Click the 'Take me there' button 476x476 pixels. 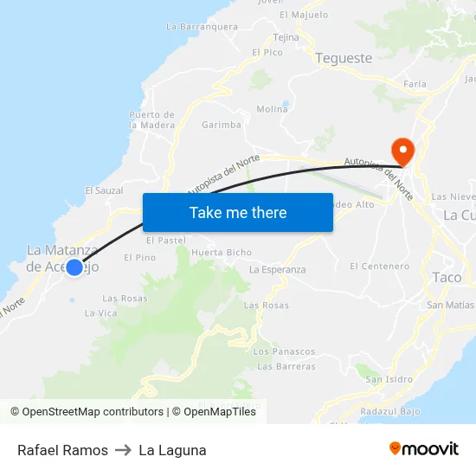tap(237, 213)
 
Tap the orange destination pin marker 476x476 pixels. tap(402, 151)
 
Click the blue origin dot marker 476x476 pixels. tap(74, 268)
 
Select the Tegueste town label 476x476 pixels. tap(344, 59)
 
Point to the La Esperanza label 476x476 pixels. tap(277, 270)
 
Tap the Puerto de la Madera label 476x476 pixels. tap(151, 119)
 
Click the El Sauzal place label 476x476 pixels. tap(104, 190)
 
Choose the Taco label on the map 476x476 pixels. tap(447, 278)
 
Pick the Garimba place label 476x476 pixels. tap(222, 125)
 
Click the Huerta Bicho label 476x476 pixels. tap(222, 253)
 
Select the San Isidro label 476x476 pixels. tap(389, 379)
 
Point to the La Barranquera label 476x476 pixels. tap(202, 27)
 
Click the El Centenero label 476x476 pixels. tap(380, 267)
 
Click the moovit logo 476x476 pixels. tap(423, 449)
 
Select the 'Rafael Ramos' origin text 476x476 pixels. tap(62, 450)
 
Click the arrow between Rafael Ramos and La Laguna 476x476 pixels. tap(123, 450)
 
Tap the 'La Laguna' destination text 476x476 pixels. tap(172, 450)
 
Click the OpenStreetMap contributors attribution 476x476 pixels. tap(87, 412)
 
